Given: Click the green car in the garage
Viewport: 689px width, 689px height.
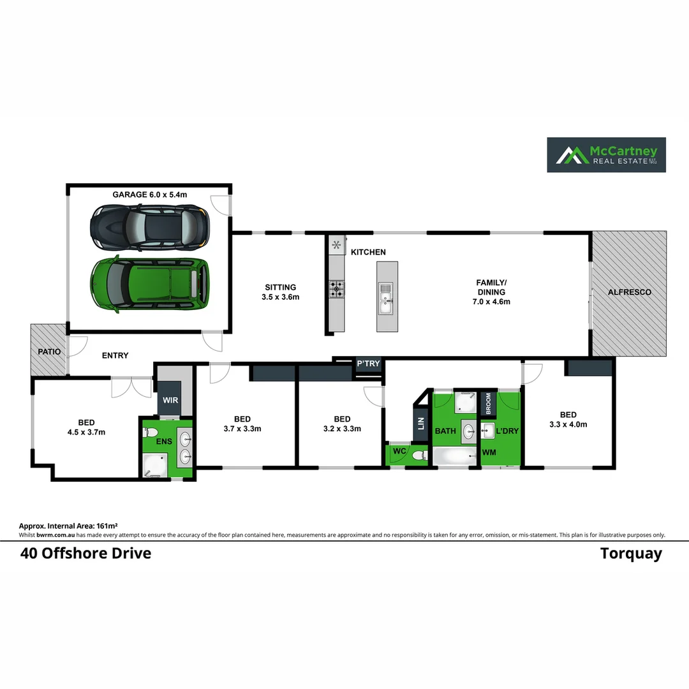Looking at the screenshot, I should pyautogui.click(x=150, y=284).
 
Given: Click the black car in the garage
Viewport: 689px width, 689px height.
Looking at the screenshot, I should pyautogui.click(x=150, y=228).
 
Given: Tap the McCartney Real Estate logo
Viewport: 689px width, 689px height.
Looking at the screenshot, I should pyautogui.click(x=606, y=154).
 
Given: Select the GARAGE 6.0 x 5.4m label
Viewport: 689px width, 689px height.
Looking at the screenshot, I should pyautogui.click(x=149, y=194).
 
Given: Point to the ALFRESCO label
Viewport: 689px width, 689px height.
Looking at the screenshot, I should pyautogui.click(x=630, y=292).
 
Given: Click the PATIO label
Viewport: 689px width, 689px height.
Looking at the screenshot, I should pyautogui.click(x=48, y=352).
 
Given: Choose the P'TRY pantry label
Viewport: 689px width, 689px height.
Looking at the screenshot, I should pyautogui.click(x=368, y=364).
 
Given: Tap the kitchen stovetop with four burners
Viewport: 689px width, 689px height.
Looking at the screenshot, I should pyautogui.click(x=336, y=290).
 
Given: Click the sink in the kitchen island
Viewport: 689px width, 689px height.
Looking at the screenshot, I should pyautogui.click(x=386, y=299).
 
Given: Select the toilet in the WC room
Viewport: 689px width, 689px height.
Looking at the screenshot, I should pyautogui.click(x=419, y=456).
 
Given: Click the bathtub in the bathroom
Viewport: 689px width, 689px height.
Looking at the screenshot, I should pyautogui.click(x=456, y=456).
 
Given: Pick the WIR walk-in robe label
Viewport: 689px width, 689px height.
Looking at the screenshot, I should pyautogui.click(x=170, y=400).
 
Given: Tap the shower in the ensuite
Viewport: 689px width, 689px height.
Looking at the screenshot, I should pyautogui.click(x=154, y=465).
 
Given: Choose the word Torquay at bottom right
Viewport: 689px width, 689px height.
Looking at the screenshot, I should pyautogui.click(x=631, y=553).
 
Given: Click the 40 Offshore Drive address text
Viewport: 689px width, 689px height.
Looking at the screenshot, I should pyautogui.click(x=86, y=553).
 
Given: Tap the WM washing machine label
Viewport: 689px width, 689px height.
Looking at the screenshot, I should pyautogui.click(x=489, y=452).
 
